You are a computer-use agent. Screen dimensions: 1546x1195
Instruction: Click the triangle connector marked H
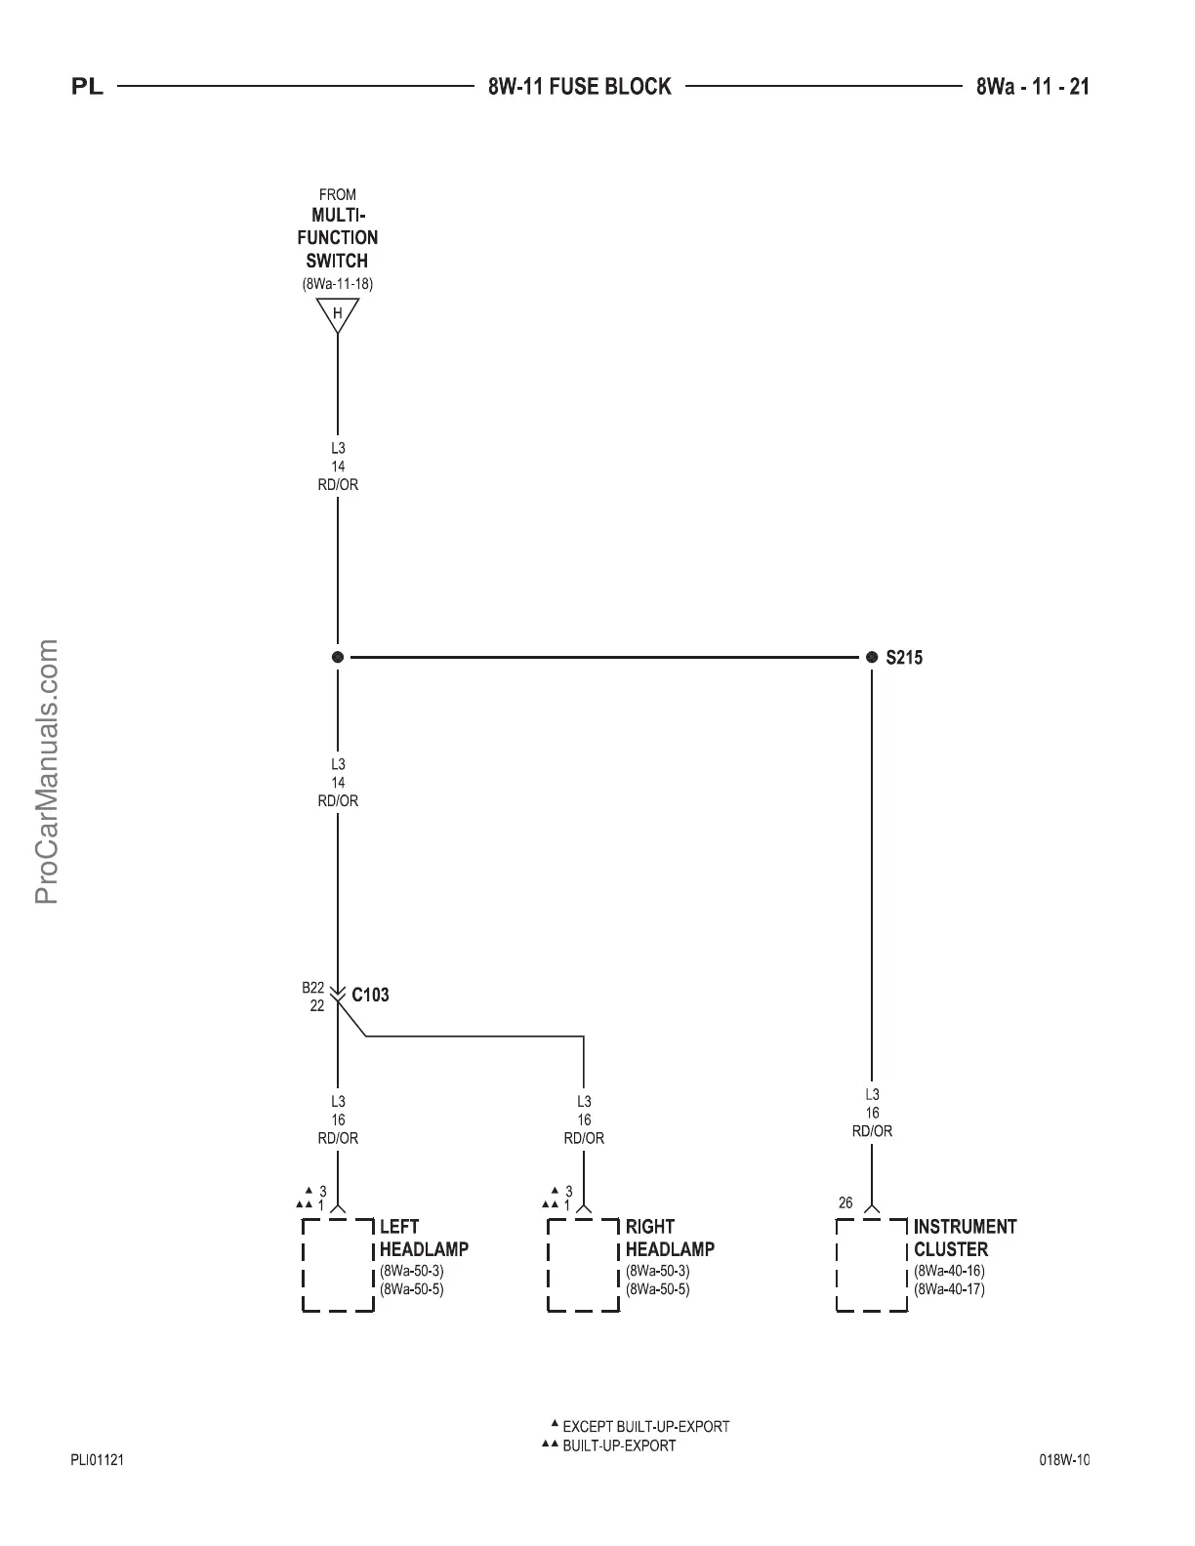(x=338, y=314)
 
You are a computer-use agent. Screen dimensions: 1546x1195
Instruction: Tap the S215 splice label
(x=904, y=658)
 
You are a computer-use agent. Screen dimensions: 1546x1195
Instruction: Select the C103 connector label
(x=370, y=996)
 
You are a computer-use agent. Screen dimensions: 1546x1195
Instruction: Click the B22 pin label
(x=312, y=988)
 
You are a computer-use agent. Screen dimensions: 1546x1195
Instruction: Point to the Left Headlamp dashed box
(x=338, y=1264)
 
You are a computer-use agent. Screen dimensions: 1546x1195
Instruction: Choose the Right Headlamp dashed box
(x=584, y=1264)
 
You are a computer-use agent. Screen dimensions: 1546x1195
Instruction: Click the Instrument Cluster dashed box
(x=872, y=1264)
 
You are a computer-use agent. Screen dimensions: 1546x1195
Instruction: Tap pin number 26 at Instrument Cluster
(x=845, y=1203)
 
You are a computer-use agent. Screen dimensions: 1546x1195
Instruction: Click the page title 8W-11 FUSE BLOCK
(x=579, y=87)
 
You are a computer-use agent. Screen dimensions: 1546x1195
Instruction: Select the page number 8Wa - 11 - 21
(x=1032, y=87)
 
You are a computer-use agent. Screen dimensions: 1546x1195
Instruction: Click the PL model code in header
(x=88, y=88)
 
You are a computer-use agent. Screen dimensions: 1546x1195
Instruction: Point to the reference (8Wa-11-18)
(x=338, y=284)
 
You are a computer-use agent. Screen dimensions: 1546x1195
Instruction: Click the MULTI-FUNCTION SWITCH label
(x=338, y=237)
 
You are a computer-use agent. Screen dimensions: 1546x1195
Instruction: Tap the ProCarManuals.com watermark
(x=47, y=771)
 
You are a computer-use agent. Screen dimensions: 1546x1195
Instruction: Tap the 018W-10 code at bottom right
(x=1063, y=1460)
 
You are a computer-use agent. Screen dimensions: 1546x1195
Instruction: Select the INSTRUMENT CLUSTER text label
(x=965, y=1238)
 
